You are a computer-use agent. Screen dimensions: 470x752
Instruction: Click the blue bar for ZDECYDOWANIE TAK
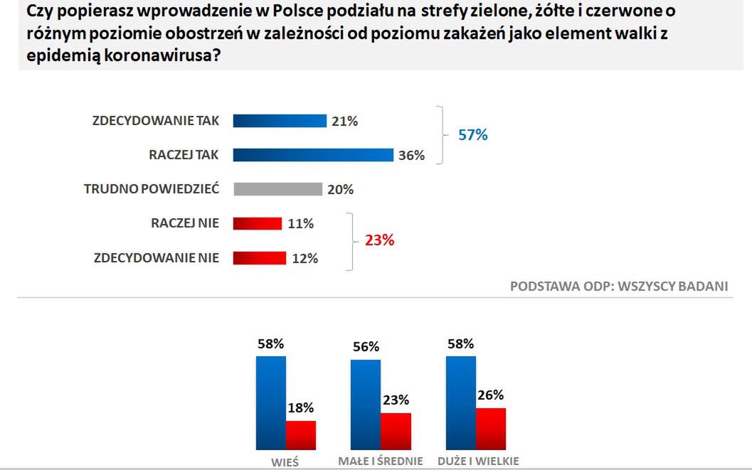pyautogui.click(x=279, y=121)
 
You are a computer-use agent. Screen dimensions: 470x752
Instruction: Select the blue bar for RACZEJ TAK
pyautogui.click(x=313, y=155)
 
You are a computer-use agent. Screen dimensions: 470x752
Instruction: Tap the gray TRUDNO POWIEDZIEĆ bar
pyautogui.click(x=277, y=189)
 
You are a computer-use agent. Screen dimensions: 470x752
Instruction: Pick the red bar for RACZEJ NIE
pyautogui.click(x=258, y=223)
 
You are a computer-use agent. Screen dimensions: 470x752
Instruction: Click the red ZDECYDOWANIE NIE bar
pyautogui.click(x=259, y=257)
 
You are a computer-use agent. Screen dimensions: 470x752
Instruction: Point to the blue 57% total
pyautogui.click(x=473, y=135)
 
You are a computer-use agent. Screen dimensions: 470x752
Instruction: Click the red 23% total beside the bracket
pyautogui.click(x=379, y=240)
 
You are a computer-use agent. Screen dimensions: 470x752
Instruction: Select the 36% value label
pyautogui.click(x=411, y=156)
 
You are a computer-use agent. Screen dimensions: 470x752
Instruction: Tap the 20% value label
pyautogui.click(x=340, y=190)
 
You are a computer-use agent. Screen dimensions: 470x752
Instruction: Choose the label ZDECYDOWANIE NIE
pyautogui.click(x=157, y=257)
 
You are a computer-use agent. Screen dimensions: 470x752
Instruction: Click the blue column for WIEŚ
pyautogui.click(x=271, y=402)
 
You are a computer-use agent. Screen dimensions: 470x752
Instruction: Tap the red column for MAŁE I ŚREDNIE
pyautogui.click(x=396, y=431)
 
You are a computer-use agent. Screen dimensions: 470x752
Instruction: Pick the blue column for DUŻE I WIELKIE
pyautogui.click(x=460, y=402)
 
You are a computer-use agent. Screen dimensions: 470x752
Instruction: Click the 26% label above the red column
pyautogui.click(x=490, y=395)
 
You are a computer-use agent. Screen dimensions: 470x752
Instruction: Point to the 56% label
pyautogui.click(x=366, y=347)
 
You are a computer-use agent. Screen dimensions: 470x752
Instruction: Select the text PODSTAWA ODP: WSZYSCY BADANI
pyautogui.click(x=619, y=286)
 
